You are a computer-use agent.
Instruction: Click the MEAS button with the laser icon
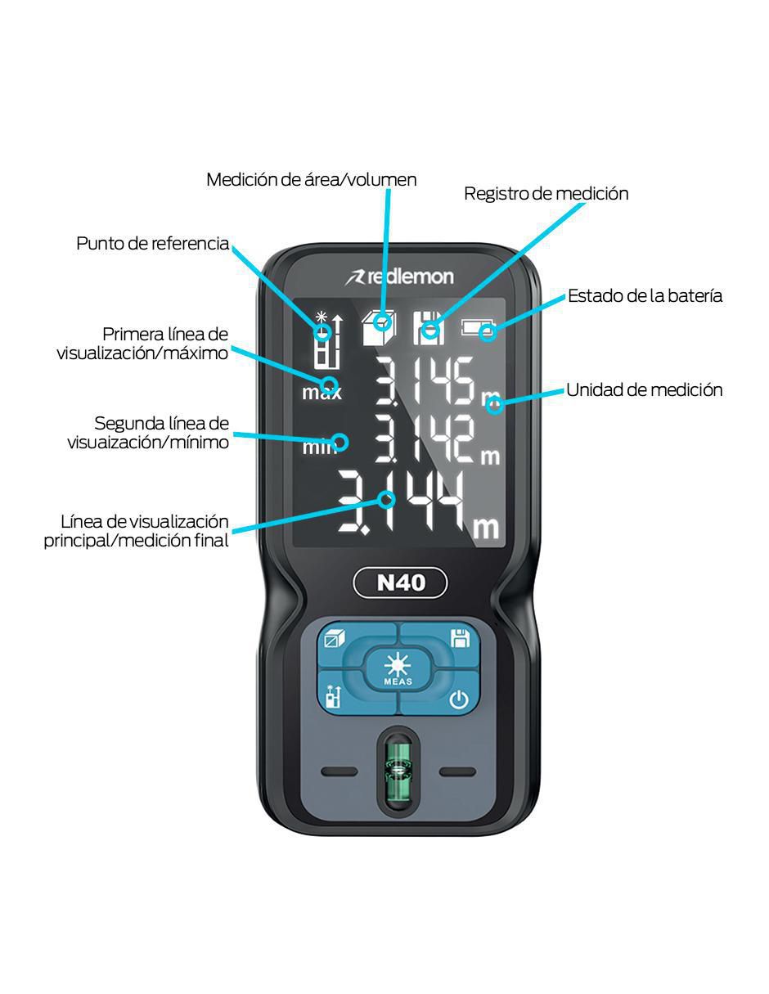pos(398,668)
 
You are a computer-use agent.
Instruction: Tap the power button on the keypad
pos(459,699)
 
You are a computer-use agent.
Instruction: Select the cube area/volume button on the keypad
pos(335,638)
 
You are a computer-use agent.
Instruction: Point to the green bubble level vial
pos(398,770)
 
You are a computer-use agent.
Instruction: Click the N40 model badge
pos(400,582)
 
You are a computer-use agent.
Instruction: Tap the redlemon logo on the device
pos(399,277)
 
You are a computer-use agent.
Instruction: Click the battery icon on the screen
pos(479,327)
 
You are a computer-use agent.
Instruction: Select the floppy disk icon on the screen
pos(429,327)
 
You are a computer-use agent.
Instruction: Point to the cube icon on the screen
pos(379,327)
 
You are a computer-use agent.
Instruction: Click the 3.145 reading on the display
pos(425,381)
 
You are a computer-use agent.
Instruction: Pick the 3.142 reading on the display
pos(425,439)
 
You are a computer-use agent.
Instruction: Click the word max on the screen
pos(322,393)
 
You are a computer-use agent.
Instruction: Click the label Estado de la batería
pos(645,295)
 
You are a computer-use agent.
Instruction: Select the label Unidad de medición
pos(644,389)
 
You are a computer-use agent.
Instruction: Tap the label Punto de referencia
pos(152,243)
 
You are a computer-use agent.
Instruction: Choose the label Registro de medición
pos(546,194)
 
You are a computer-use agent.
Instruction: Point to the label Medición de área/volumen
pos(312,179)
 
